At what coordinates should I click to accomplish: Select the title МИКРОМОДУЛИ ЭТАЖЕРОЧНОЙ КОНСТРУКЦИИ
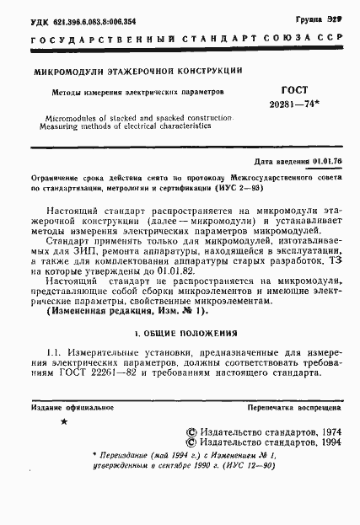[x=138, y=72]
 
